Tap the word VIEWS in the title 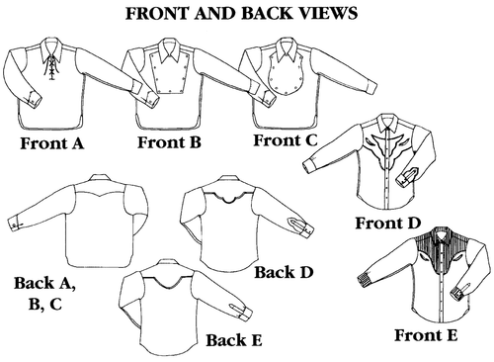pos(334,16)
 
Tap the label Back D pos(285,271)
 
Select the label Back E pos(236,341)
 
